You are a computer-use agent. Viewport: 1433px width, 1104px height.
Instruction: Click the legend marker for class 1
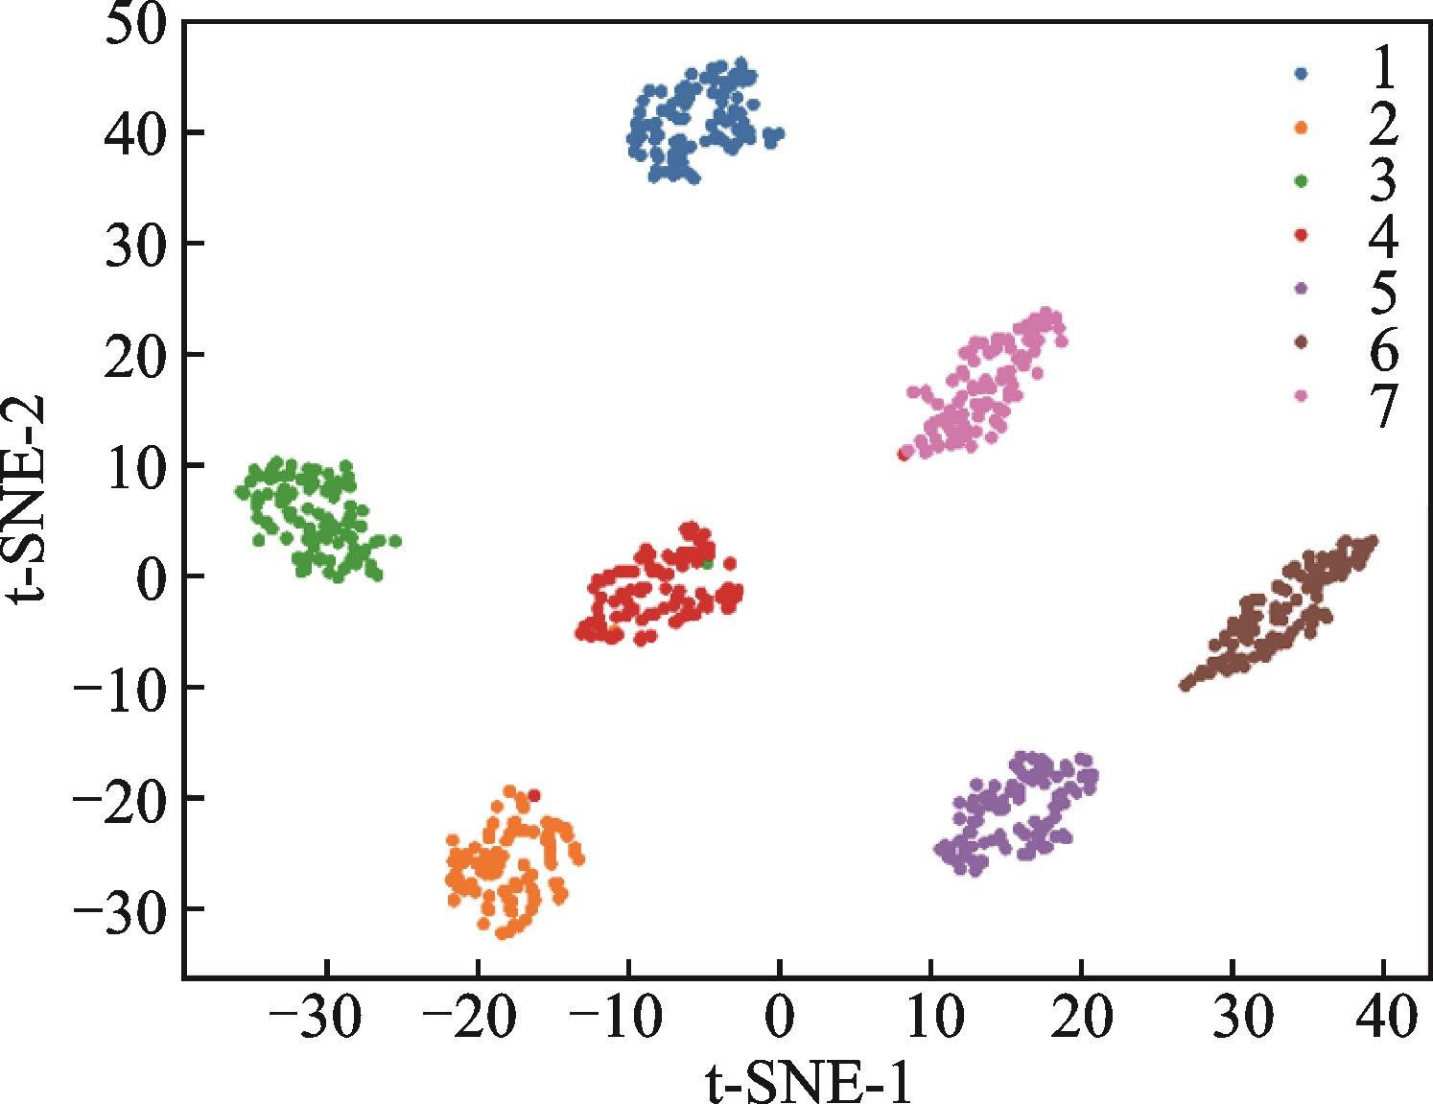1302,73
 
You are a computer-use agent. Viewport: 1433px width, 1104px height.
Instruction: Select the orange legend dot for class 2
1302,127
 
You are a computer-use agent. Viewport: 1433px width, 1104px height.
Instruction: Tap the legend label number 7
1382,406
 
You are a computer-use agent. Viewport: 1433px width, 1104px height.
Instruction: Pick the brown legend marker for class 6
1302,341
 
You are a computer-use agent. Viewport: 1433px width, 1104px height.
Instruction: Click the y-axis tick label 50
137,23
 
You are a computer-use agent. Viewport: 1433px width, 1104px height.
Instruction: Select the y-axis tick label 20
137,355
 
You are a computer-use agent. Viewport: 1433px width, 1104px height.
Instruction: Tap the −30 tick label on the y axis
117,909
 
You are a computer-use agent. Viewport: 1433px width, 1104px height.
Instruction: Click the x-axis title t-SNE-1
808,1082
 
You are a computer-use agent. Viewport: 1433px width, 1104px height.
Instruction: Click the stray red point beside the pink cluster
903,454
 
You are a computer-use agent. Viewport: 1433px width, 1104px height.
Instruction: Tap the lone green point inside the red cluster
708,564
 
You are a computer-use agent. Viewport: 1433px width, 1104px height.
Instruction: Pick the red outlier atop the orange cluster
534,795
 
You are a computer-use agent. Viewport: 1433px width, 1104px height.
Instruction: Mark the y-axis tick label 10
137,466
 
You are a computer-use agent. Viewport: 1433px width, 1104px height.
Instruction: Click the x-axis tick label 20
1081,1020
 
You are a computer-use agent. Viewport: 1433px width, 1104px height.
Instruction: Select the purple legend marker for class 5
1302,288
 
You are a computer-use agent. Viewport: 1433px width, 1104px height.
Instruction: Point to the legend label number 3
1382,181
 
